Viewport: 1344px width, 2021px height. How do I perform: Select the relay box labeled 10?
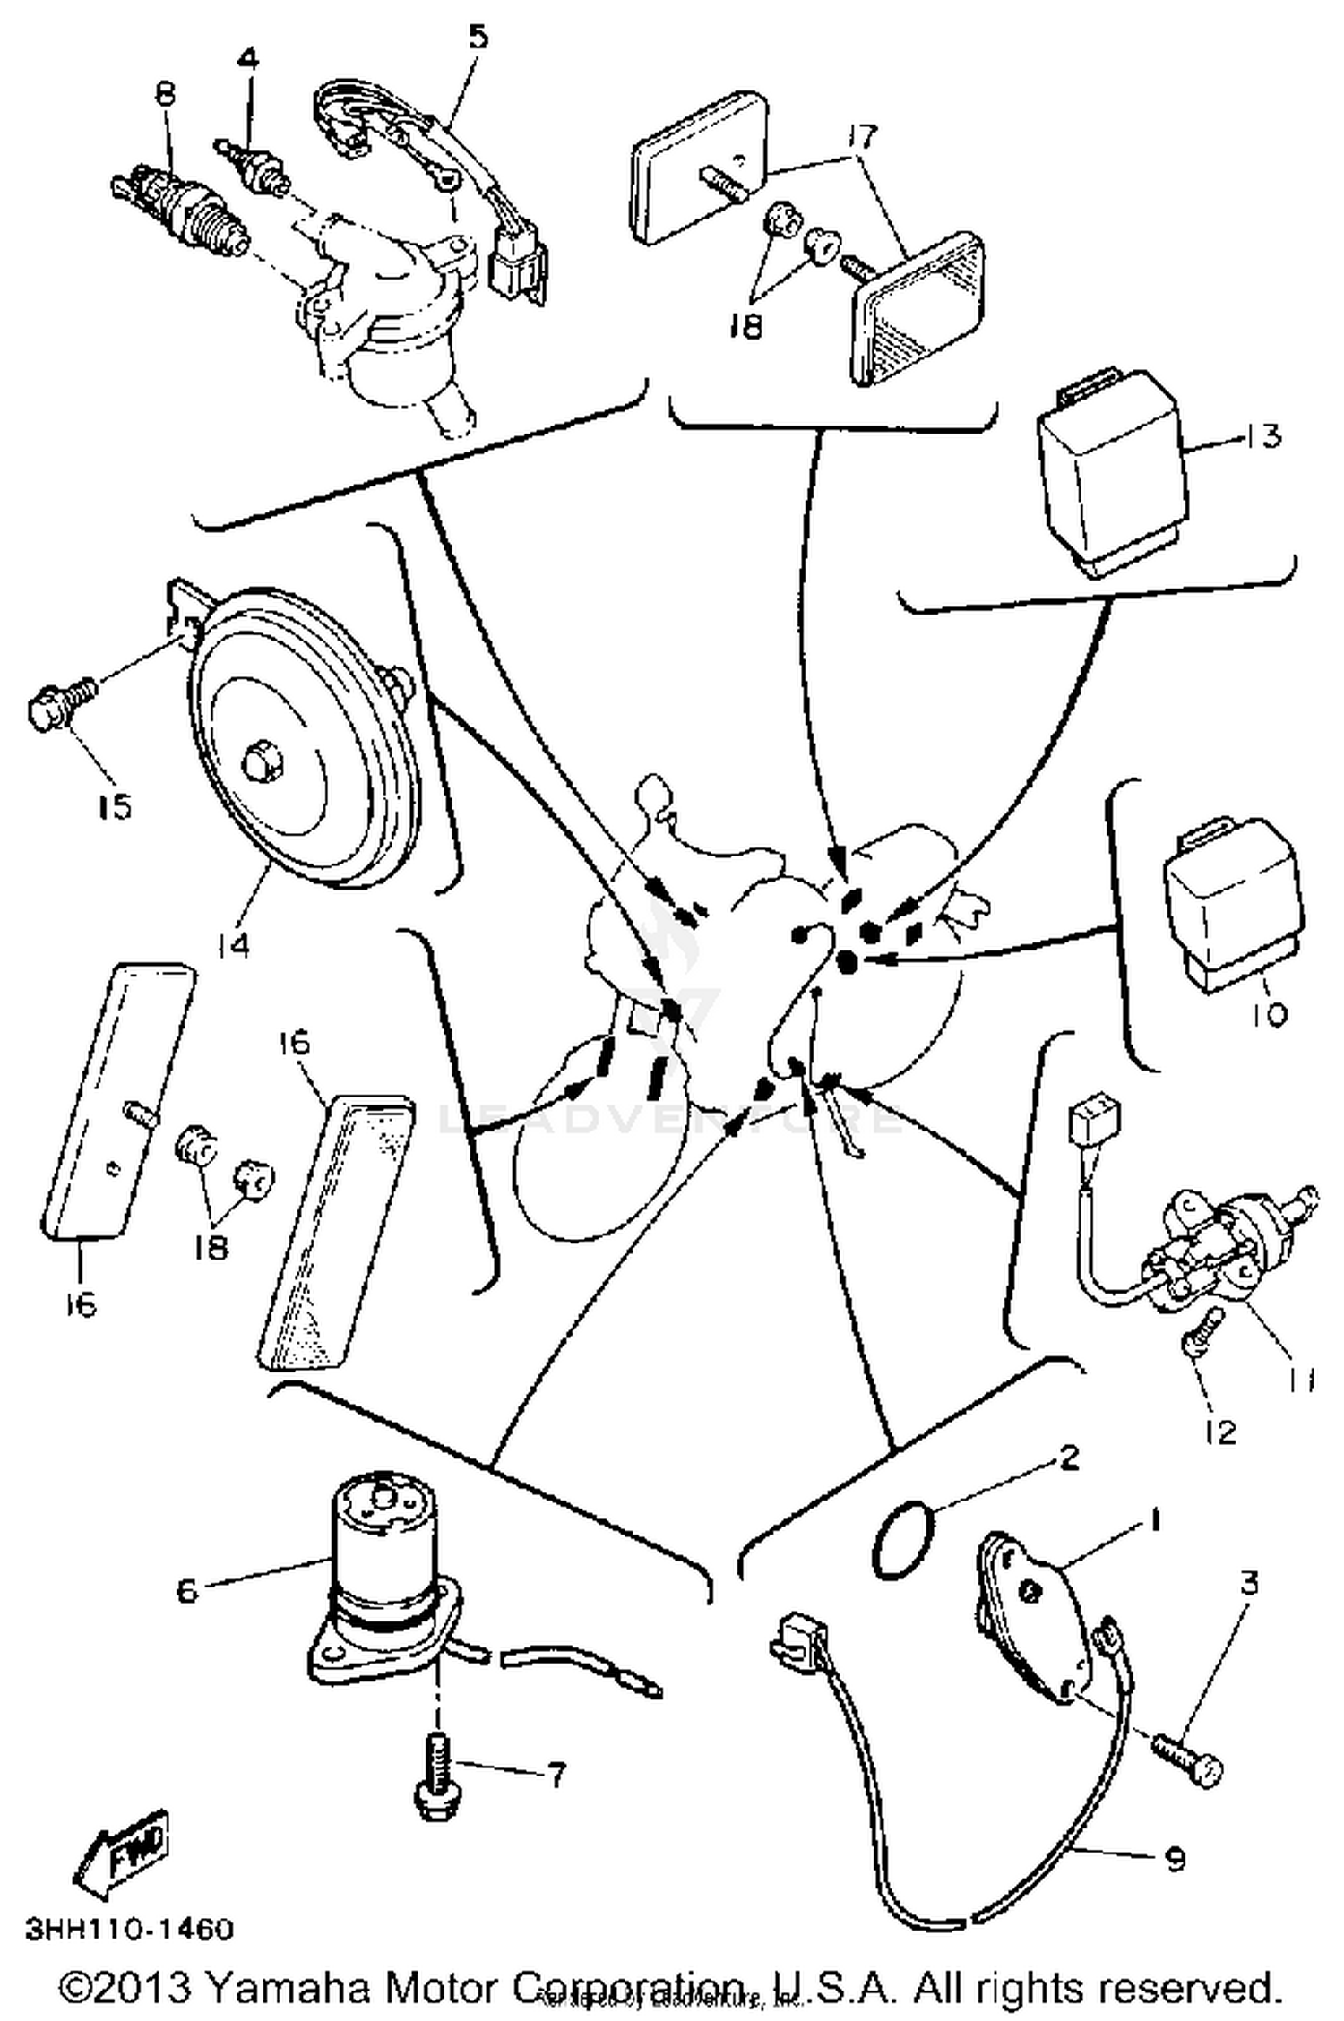point(1232,905)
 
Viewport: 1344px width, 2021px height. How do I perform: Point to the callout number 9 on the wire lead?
point(1175,1860)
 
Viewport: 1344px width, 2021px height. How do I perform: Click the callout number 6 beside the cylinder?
point(186,1591)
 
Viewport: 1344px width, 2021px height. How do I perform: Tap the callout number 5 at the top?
point(478,38)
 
